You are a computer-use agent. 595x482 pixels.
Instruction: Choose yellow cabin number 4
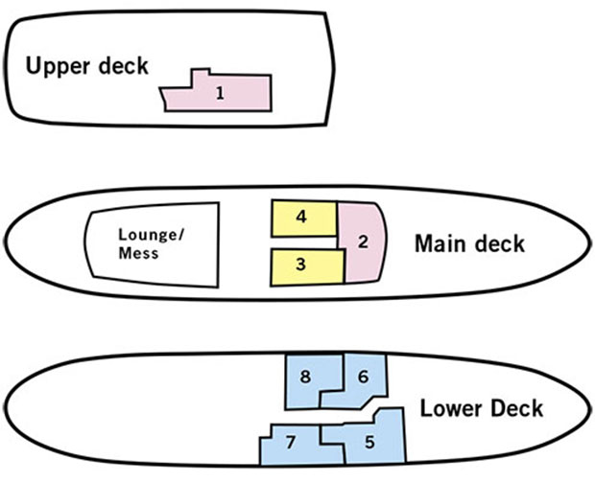303,218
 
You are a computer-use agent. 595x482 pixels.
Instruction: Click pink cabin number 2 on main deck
363,241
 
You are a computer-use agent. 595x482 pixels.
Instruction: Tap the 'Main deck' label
469,243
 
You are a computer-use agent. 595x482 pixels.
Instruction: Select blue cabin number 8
305,379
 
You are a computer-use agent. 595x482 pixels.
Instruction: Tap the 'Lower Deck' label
481,409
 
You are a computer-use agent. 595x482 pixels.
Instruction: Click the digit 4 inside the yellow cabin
301,218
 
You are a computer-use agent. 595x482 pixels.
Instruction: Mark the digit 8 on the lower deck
305,378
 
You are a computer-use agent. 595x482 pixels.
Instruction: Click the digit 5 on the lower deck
369,444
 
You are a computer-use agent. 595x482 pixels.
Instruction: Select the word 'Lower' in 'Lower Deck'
450,409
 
